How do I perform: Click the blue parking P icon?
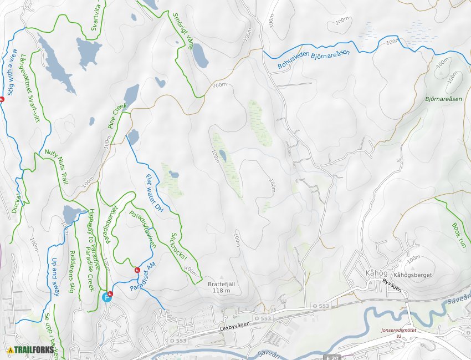pos(107,297)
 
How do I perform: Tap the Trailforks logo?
pos(31,350)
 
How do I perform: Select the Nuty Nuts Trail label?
pos(57,167)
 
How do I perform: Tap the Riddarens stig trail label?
pos(71,271)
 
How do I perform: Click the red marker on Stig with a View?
pos(2,99)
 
